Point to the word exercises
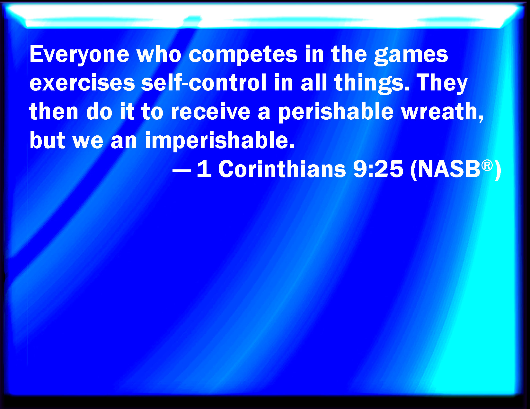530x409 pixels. [x=82, y=83]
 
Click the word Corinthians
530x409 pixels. [x=282, y=169]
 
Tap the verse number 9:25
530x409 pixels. [x=378, y=169]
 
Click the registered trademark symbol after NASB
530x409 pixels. [x=487, y=166]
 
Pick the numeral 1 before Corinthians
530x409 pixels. [x=204, y=169]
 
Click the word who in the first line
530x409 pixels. [x=159, y=54]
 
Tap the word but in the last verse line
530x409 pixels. [x=47, y=140]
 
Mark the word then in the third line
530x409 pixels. [x=54, y=111]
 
